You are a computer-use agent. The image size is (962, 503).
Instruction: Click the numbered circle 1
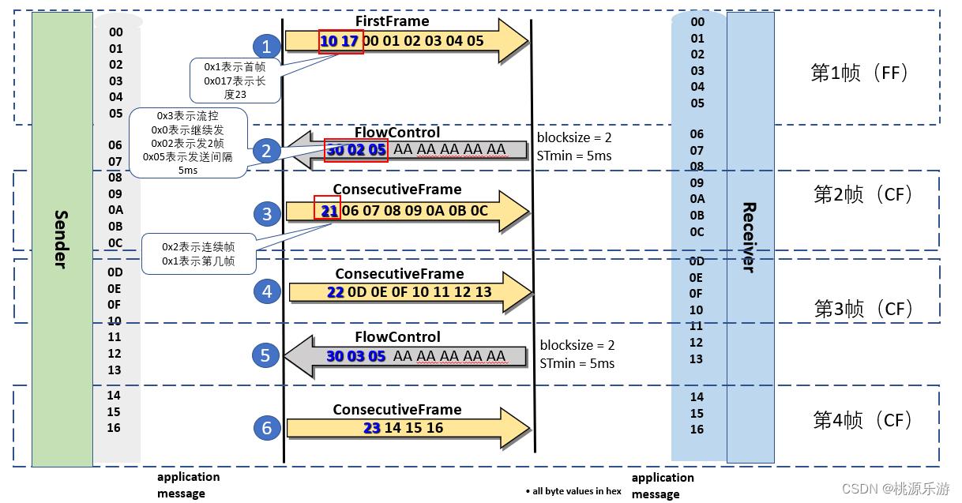pos(266,47)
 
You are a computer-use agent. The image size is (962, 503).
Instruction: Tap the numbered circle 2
pos(266,150)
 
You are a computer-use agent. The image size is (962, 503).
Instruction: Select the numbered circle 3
pos(267,214)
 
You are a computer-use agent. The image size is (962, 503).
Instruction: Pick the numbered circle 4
pos(267,291)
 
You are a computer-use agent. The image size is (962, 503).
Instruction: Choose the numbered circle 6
pos(266,428)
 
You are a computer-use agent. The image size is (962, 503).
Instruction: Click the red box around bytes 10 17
pos(340,41)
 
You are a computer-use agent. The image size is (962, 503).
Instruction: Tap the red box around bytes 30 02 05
pos(355,149)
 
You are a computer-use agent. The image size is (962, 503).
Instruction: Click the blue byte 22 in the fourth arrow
pos(335,292)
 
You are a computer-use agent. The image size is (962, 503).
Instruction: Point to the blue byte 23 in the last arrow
pos(372,428)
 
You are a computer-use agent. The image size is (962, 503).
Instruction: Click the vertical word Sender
pos(61,239)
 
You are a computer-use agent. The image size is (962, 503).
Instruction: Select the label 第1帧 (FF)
pos(860,73)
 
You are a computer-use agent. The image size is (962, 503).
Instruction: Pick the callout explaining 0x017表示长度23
pos(235,81)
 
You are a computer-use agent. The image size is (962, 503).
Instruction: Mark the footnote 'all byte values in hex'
pos(574,491)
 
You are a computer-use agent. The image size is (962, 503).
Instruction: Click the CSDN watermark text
pos(896,489)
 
